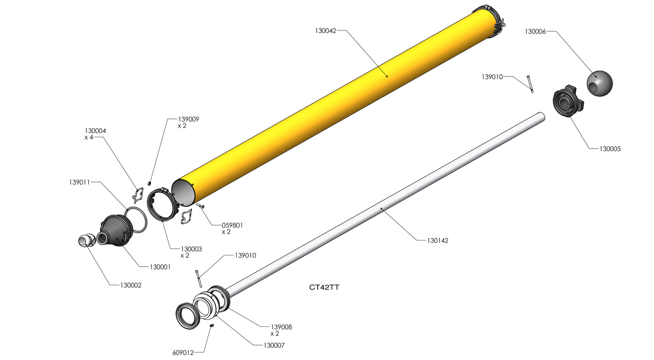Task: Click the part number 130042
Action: [x=326, y=31]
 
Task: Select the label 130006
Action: [x=535, y=32]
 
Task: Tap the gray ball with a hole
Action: [x=599, y=83]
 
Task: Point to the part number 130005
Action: [x=610, y=149]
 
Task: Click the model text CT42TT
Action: [x=324, y=287]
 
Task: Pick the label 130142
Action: [x=437, y=240]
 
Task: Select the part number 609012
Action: [x=183, y=353]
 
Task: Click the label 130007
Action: [x=274, y=346]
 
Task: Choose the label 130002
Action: [x=131, y=285]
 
